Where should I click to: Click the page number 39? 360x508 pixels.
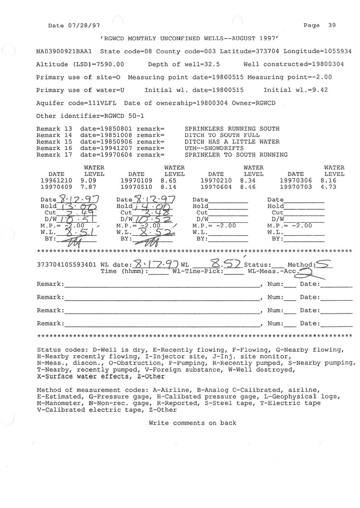tap(332, 25)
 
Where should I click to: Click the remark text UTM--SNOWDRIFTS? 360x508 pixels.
tap(214, 148)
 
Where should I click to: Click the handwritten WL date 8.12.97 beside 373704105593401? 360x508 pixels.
tap(154, 264)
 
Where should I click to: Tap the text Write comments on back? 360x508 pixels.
tap(192, 423)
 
